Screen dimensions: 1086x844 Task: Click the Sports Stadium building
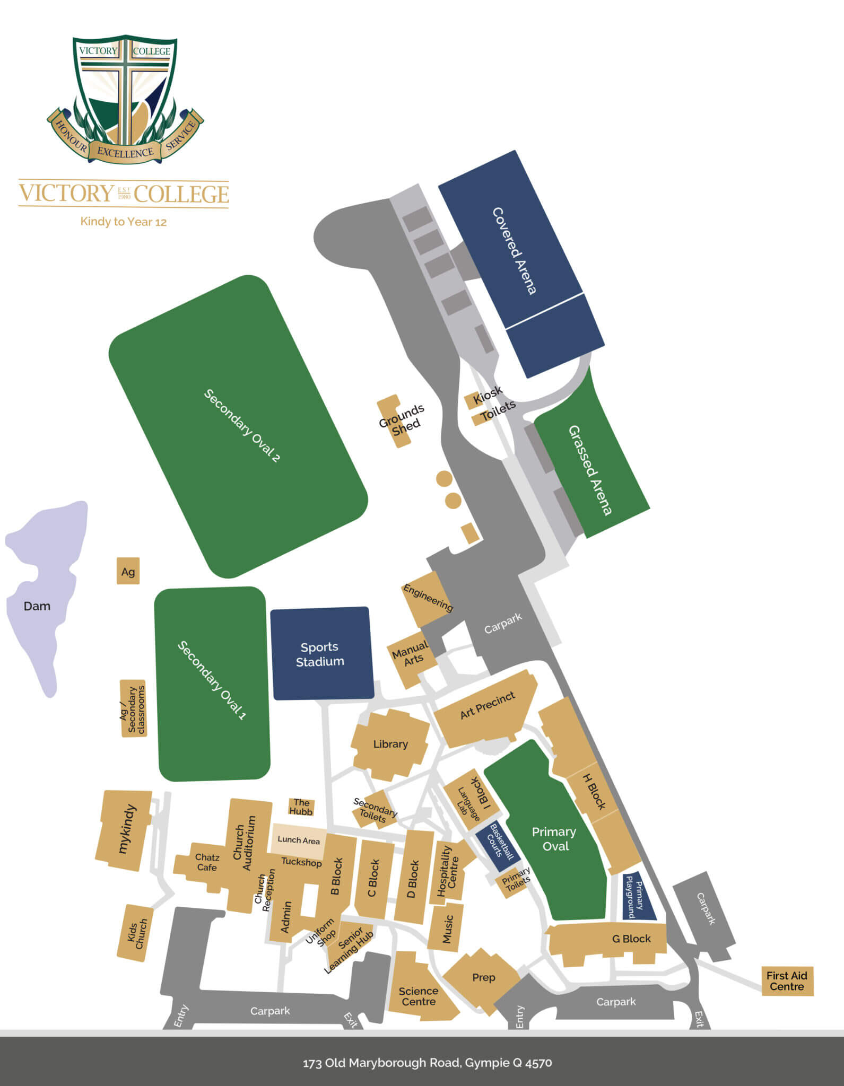321,654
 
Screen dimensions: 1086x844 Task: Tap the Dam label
37,606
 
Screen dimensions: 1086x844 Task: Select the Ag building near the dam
128,571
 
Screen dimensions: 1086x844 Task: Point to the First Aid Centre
787,981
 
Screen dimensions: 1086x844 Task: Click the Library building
390,745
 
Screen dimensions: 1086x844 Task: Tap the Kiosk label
488,395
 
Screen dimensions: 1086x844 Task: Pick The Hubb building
301,807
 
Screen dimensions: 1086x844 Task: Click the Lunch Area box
299,840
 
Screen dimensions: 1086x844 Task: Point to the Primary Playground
638,896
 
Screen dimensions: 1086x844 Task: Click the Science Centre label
419,996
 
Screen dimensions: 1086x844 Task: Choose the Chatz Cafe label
207,862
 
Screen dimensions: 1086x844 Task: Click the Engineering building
428,598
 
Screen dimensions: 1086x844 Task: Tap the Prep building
483,977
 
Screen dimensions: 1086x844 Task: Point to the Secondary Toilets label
375,810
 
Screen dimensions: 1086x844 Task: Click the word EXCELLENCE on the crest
125,152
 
